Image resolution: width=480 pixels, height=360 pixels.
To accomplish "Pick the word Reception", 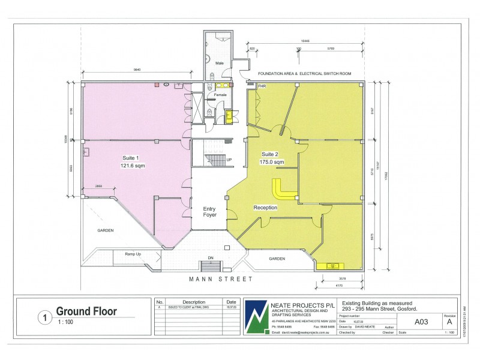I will click(265, 208).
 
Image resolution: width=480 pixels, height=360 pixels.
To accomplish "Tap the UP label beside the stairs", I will click(228, 160).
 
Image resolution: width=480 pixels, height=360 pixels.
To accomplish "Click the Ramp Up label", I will click(133, 254).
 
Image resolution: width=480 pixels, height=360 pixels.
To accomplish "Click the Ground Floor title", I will click(86, 311).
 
